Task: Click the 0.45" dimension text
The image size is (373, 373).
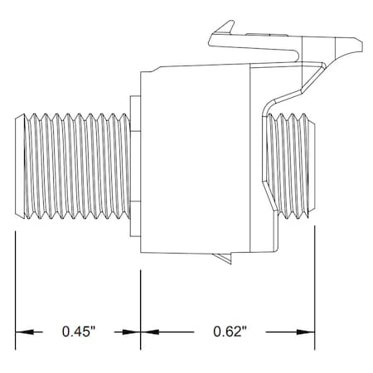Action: (x=79, y=332)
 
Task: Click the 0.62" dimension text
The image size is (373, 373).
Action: (x=230, y=332)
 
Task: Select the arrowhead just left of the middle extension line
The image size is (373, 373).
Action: (x=131, y=332)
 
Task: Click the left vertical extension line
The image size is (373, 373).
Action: (x=16, y=290)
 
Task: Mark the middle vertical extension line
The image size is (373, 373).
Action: (x=141, y=310)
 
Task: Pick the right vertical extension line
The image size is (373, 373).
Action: (x=315, y=288)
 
